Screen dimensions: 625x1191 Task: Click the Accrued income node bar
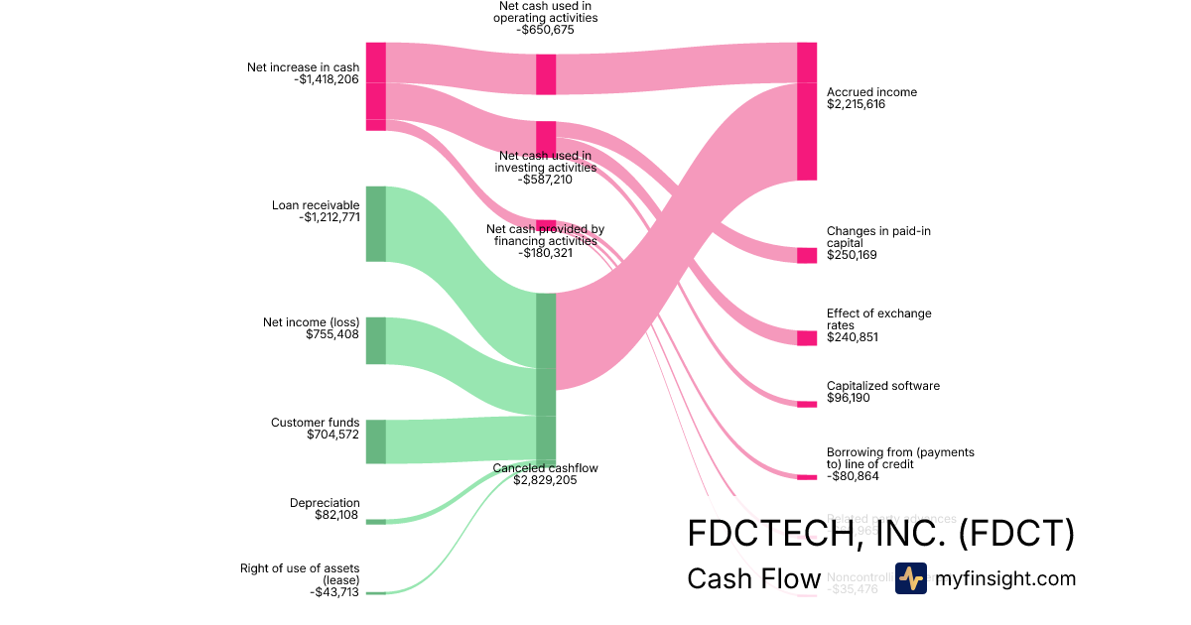click(x=807, y=111)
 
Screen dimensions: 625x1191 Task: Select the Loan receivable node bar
click(x=375, y=223)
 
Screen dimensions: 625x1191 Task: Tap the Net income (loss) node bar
click(x=375, y=340)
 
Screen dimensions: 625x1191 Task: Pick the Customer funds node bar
click(x=375, y=441)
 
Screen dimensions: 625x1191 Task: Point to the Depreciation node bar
click(x=375, y=521)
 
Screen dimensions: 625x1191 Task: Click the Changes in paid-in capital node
click(x=807, y=255)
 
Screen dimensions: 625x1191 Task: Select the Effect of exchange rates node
click(x=807, y=337)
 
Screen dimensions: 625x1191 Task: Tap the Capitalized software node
click(x=807, y=404)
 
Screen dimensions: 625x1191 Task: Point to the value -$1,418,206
click(x=327, y=79)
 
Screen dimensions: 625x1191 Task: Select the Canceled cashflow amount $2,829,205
click(x=545, y=480)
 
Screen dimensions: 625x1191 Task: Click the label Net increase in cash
click(x=303, y=67)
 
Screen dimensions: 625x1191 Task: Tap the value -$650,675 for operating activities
click(x=545, y=30)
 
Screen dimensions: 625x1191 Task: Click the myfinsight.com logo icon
click(x=910, y=578)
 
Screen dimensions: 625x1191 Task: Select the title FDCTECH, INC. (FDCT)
click(x=880, y=534)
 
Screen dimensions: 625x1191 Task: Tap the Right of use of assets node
click(x=375, y=592)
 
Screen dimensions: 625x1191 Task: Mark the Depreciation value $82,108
click(x=332, y=515)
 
